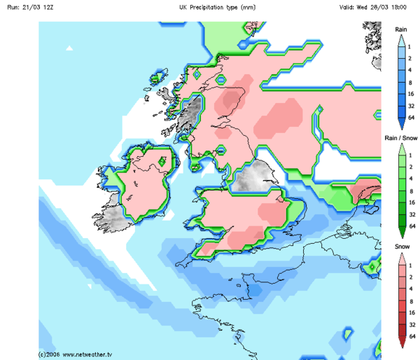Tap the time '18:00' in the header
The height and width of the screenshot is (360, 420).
pyautogui.click(x=405, y=6)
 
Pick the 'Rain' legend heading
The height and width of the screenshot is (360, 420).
pyautogui.click(x=401, y=29)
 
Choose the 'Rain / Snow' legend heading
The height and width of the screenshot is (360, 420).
pyautogui.click(x=401, y=138)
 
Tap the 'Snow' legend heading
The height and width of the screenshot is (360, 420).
pyautogui.click(x=401, y=248)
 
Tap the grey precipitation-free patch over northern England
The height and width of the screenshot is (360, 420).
pyautogui.click(x=253, y=176)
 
